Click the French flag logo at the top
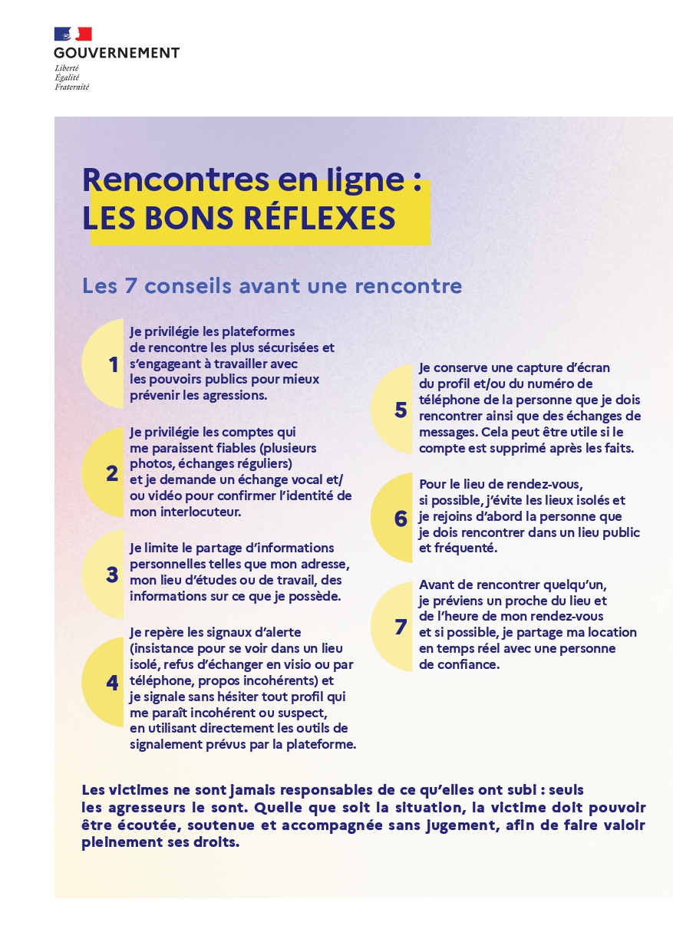coord(73,34)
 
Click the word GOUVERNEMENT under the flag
coord(117,53)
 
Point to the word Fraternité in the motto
coord(71,87)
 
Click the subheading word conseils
coord(181,286)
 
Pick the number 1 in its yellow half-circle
coord(114,364)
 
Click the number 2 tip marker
coord(113,473)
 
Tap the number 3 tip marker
coord(112,575)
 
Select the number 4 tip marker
coord(113,682)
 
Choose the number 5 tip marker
coord(401,410)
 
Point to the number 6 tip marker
coord(401,519)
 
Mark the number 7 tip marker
coord(401,627)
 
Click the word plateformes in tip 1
coord(258,331)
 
